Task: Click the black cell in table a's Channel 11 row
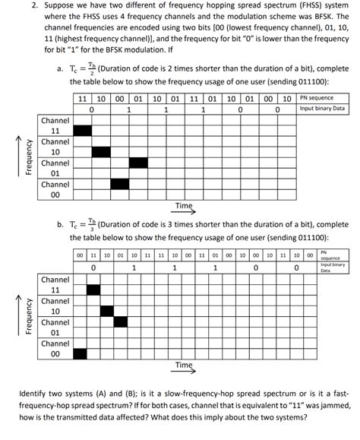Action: point(81,129)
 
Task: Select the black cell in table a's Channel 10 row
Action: point(100,150)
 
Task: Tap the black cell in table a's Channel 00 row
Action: point(119,183)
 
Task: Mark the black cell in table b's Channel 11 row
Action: point(93,289)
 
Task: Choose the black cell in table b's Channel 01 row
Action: point(121,321)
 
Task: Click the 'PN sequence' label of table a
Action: point(317,98)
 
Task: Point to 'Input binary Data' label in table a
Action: point(323,109)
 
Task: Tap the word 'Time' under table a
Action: point(184,205)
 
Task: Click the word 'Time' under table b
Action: point(184,366)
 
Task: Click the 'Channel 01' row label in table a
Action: point(55,168)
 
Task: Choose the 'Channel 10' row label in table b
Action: point(55,305)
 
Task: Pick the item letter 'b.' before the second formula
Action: point(60,225)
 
